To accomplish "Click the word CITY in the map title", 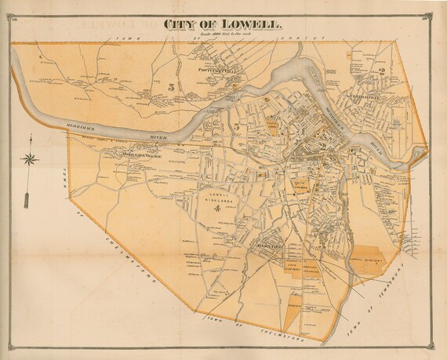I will pyautogui.click(x=181, y=24).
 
